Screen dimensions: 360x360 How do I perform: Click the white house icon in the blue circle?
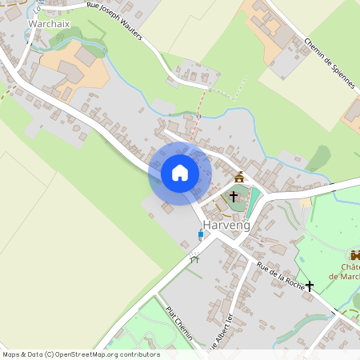pos(180,173)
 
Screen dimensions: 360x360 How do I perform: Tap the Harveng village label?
pos(226,226)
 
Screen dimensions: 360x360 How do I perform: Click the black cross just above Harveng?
pos(234,195)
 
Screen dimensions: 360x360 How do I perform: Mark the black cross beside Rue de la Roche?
pos(310,285)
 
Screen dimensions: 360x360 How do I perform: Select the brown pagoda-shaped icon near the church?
pos(238,176)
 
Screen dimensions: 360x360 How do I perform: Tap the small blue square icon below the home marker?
pos(200,234)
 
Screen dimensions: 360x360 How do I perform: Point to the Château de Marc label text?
pos(350,272)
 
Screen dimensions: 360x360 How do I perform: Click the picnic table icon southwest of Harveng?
pos(193,258)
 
